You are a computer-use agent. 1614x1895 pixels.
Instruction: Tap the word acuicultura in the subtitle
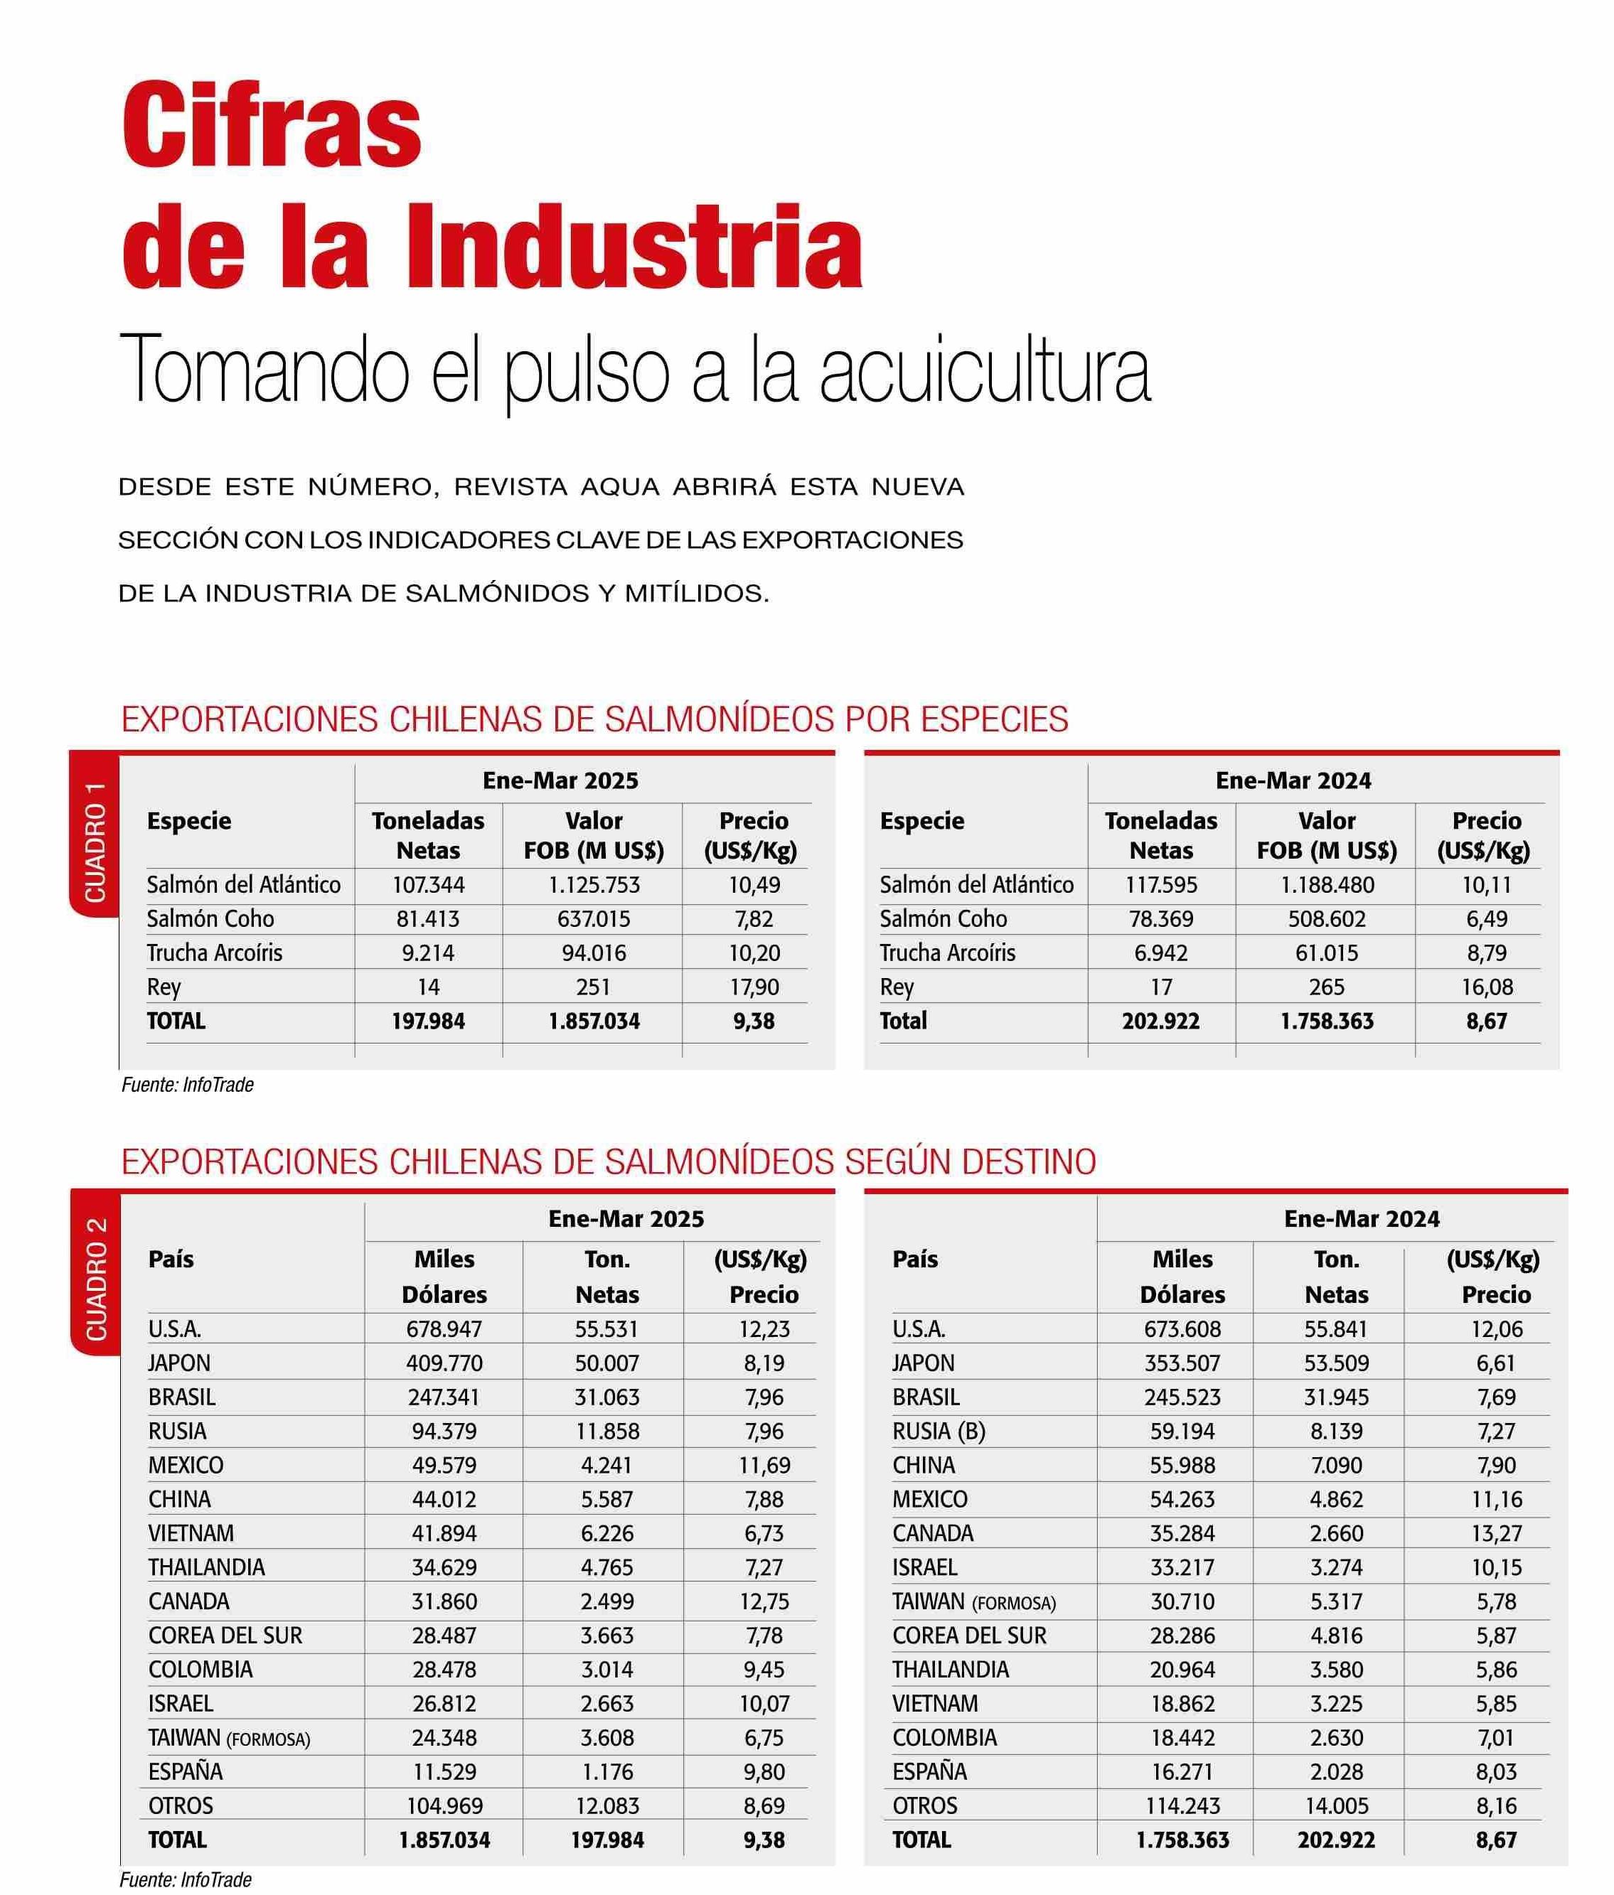coord(985,370)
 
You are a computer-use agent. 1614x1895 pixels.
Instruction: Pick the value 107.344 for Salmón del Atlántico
coord(428,884)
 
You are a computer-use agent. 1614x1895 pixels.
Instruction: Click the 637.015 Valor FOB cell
coord(593,918)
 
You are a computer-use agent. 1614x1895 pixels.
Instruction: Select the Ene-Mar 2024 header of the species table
coord(1293,780)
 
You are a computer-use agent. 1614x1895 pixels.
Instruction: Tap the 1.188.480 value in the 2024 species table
coord(1327,884)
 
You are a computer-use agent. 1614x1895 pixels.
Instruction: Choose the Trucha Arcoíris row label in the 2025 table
coord(214,953)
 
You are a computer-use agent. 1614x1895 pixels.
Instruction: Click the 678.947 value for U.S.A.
coord(444,1329)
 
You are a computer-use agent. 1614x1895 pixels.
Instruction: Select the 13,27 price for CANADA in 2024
coord(1496,1532)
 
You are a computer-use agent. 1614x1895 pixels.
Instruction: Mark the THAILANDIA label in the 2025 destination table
coord(206,1567)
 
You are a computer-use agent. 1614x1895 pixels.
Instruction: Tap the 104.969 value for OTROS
coord(444,1805)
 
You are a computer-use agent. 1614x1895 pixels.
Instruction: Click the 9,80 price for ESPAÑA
coord(764,1771)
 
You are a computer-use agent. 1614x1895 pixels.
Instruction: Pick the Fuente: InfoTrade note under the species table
coord(188,1085)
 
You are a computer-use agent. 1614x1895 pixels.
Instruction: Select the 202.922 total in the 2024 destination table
coord(1336,1840)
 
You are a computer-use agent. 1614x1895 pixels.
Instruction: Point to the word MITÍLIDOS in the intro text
coord(695,594)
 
